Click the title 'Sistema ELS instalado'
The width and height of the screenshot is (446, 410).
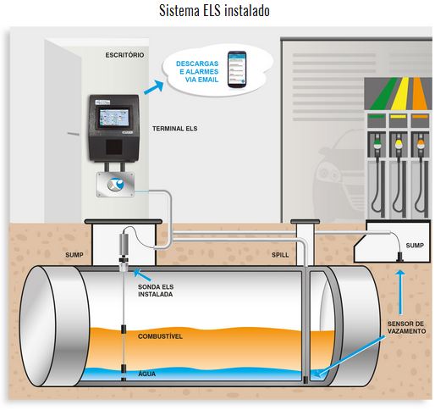[x=214, y=11]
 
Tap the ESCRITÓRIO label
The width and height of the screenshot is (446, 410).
[x=124, y=55]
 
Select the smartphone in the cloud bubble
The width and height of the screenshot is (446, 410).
[x=237, y=69]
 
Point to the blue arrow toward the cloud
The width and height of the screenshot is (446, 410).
[x=154, y=87]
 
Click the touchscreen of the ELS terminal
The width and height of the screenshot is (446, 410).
[x=113, y=117]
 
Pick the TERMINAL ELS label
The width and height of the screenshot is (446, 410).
[x=174, y=129]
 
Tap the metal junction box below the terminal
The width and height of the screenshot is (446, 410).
[x=115, y=185]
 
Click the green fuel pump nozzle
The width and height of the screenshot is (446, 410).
[x=377, y=143]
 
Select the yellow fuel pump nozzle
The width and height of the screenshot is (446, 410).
[x=399, y=143]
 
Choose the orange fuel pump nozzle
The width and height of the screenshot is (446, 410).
[x=420, y=143]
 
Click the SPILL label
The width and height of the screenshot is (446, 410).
[x=280, y=255]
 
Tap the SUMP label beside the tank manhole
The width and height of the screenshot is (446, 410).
[x=74, y=255]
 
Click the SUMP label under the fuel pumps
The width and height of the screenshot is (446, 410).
[x=415, y=246]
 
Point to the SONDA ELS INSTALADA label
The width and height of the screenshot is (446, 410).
[x=156, y=291]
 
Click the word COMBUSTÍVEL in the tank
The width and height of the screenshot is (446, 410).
[x=160, y=336]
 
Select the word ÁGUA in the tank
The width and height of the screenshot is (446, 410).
[x=146, y=374]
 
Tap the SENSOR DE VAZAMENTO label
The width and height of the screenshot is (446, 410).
[x=406, y=328]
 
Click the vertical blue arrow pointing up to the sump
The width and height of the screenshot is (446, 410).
[x=400, y=292]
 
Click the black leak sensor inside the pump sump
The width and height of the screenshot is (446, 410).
[x=400, y=257]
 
